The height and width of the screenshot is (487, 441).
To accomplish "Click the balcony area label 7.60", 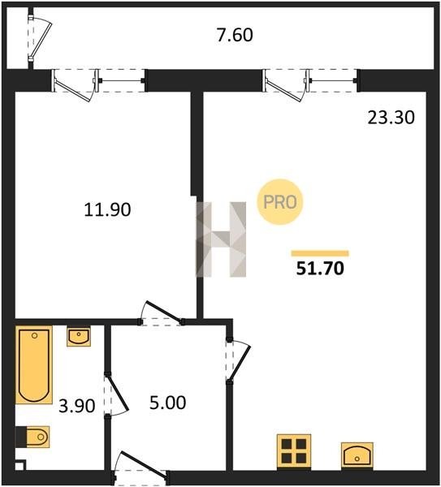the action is (x=235, y=35).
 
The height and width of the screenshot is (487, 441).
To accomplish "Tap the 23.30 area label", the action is (x=391, y=118).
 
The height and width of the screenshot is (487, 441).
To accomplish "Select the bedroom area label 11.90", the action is (x=107, y=209).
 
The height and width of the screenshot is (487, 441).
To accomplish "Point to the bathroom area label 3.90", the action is (x=77, y=406).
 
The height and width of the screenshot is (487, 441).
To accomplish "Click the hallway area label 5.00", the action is (x=168, y=403).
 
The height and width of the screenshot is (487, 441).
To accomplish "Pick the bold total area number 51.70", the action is (x=320, y=269).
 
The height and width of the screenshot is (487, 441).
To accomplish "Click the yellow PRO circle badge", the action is (x=280, y=202).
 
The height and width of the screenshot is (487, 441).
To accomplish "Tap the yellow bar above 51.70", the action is (x=320, y=253).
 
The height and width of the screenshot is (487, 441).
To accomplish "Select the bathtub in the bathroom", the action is (x=34, y=365).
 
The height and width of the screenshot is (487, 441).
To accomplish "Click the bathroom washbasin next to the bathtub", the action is (x=79, y=337).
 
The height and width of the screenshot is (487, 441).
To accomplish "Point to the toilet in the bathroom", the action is (x=32, y=437).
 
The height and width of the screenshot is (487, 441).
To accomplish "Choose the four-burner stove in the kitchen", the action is (x=294, y=453).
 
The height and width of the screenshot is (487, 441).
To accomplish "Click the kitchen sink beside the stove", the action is (x=357, y=455).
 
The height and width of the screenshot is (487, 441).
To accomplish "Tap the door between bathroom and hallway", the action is (x=115, y=396).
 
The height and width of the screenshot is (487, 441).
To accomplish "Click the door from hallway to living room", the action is (x=238, y=362).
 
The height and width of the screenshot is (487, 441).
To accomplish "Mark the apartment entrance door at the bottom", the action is (x=141, y=468).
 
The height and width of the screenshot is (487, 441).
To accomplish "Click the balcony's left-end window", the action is (x=39, y=38).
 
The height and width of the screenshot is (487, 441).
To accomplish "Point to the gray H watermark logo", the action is (x=221, y=239).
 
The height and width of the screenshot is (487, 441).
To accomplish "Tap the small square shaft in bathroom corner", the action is (x=20, y=465).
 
